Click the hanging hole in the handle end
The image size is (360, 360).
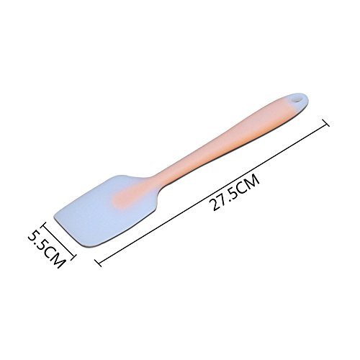tap(297, 99)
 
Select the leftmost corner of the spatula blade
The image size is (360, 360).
tap(54, 214)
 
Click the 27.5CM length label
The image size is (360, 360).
tap(234, 193)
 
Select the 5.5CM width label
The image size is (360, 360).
tap(47, 249)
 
